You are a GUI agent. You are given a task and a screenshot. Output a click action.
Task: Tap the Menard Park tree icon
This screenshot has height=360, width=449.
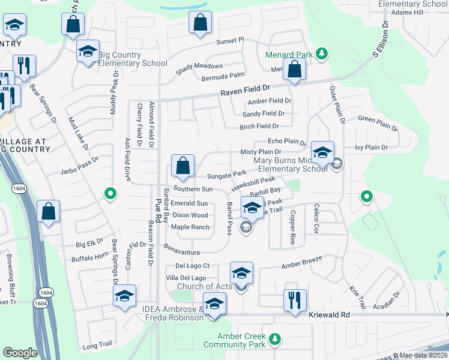(322, 54)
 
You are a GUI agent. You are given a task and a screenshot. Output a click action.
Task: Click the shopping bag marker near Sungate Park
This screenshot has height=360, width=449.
(182, 166)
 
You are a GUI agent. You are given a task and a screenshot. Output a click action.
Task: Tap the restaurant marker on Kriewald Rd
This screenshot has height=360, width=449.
(295, 301)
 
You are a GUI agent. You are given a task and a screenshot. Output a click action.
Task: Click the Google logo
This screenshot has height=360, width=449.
(20, 353)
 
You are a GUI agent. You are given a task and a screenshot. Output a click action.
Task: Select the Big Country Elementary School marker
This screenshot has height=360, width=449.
(88, 52)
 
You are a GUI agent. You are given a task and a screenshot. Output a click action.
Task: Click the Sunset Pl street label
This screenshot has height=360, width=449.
(231, 40)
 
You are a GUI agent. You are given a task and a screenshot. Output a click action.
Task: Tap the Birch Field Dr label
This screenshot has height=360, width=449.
(259, 127)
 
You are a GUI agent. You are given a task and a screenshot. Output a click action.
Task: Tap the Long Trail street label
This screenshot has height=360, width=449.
(98, 346)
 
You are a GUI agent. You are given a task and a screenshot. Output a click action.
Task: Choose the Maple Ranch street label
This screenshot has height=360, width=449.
(190, 227)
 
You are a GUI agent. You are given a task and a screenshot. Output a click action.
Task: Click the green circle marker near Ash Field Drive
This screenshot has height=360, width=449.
(109, 193)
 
